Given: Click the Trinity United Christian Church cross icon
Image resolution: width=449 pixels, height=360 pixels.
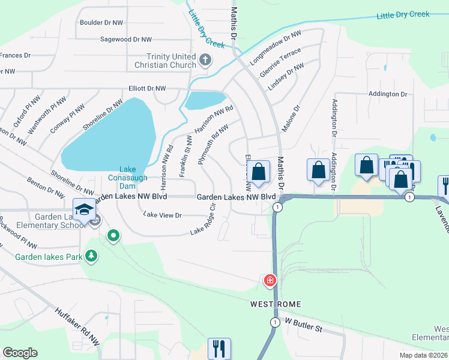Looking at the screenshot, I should tap(205, 59).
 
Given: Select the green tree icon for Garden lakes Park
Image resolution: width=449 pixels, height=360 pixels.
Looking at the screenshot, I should tap(91, 257).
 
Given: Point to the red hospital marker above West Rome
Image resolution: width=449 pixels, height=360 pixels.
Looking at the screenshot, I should tap(270, 280).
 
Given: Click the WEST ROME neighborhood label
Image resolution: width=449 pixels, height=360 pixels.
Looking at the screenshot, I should tap(275, 304).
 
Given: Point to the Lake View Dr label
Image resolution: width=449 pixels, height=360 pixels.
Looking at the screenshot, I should tap(162, 214).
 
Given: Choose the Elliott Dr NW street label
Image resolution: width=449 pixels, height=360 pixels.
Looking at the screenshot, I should tap(143, 88).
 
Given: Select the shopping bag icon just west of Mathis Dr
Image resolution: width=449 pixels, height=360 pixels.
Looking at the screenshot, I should tap(258, 172).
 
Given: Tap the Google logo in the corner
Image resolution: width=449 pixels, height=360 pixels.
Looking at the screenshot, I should tap(20, 352).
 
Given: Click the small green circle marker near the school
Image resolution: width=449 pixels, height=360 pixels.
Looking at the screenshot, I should tap(113, 236).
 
